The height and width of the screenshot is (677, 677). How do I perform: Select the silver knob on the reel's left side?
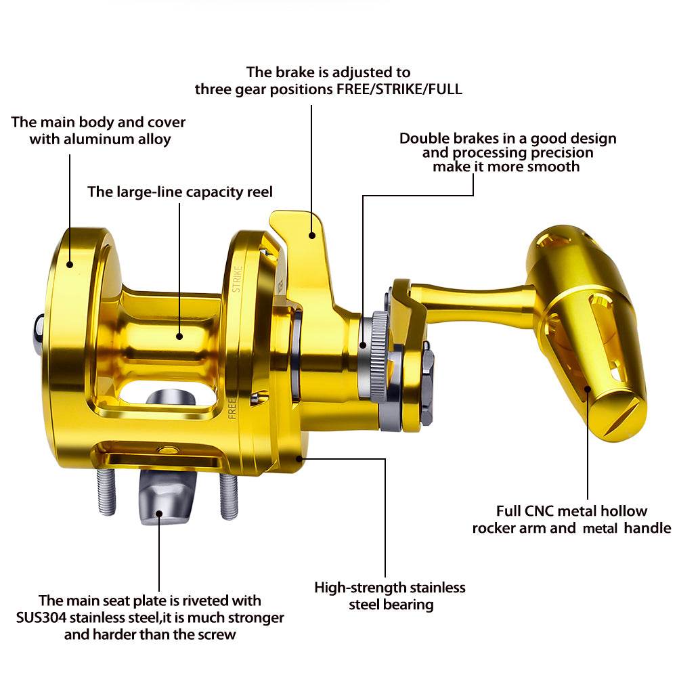point(39,332)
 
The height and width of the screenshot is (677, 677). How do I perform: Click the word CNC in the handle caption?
point(539,511)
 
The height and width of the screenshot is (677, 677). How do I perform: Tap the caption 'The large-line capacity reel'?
point(180,192)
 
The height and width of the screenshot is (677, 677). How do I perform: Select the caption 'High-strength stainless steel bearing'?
point(390,596)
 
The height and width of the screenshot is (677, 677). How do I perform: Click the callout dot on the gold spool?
point(180,334)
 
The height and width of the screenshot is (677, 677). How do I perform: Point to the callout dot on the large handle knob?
point(587,389)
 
